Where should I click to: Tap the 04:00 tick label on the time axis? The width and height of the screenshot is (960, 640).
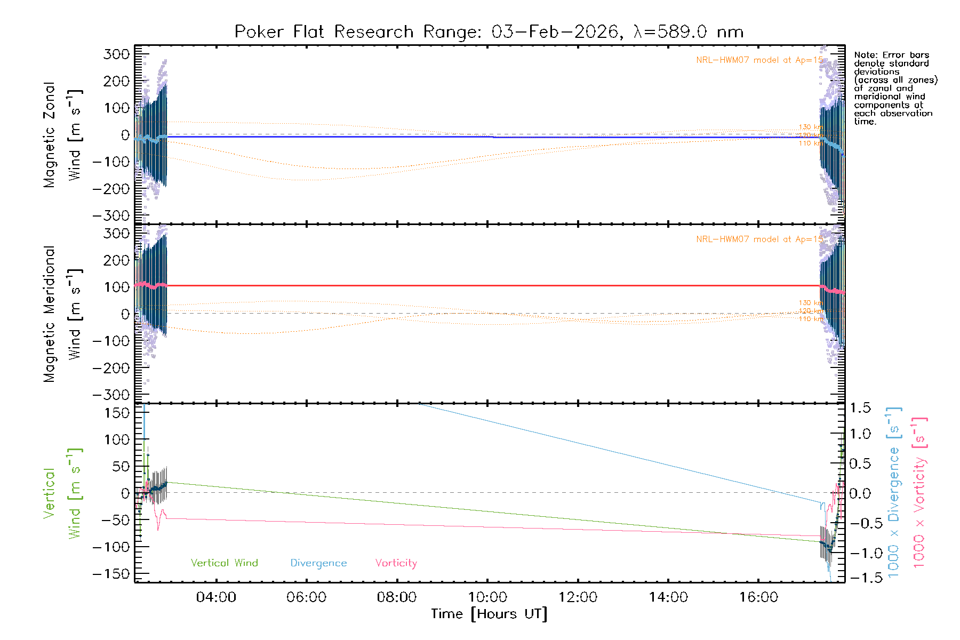pos(216,597)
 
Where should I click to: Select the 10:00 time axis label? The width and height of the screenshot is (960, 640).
pos(487,597)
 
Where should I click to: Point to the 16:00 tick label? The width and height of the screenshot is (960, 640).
pos(758,597)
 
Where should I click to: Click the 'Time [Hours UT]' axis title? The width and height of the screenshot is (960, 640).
pos(489,614)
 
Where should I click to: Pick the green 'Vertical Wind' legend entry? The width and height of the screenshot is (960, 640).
pos(224,563)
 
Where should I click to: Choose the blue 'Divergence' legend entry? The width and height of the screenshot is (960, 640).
pos(318,563)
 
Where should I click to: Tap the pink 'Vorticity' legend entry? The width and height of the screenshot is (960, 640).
pos(396,563)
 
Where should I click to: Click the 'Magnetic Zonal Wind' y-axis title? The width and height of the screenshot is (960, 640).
pos(62,135)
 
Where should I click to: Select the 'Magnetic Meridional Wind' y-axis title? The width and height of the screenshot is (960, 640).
pos(62,314)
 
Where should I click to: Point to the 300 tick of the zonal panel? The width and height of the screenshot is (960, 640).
pos(116,54)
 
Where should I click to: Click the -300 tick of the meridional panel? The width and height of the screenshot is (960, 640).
pos(111,395)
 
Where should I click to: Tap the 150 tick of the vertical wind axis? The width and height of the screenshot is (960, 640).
pos(116,413)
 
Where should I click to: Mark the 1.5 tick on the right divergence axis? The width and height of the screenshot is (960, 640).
pos(860,408)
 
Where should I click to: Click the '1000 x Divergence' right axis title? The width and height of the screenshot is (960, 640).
pos(894,492)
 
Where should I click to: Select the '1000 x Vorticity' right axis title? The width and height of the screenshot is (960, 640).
pos(919,492)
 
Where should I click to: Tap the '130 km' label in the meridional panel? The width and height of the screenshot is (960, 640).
pos(811,303)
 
